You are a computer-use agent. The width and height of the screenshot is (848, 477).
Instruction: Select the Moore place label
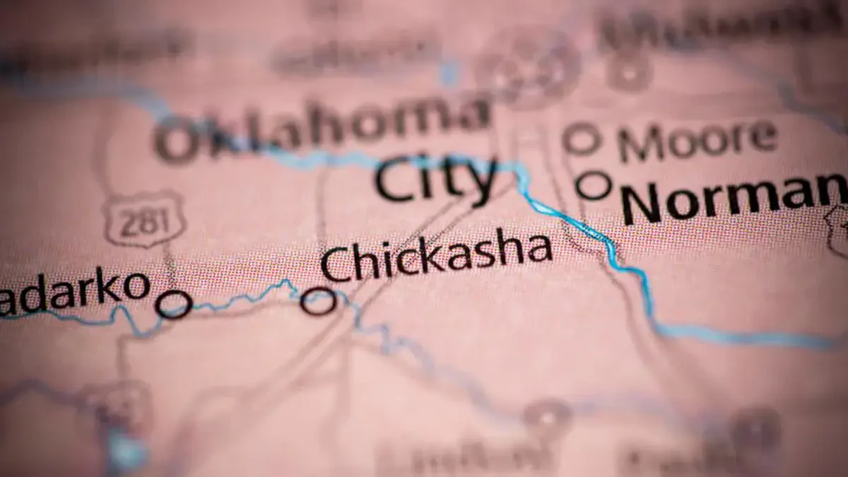click(x=697, y=139)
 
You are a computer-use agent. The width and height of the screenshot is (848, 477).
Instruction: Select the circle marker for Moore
click(x=582, y=139)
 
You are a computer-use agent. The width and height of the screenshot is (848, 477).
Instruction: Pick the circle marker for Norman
click(x=594, y=186)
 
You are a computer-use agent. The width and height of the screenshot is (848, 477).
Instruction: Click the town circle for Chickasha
click(x=318, y=301)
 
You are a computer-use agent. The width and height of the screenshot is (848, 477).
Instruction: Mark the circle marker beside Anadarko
click(x=174, y=305)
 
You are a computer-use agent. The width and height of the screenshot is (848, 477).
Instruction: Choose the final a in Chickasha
click(x=536, y=249)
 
